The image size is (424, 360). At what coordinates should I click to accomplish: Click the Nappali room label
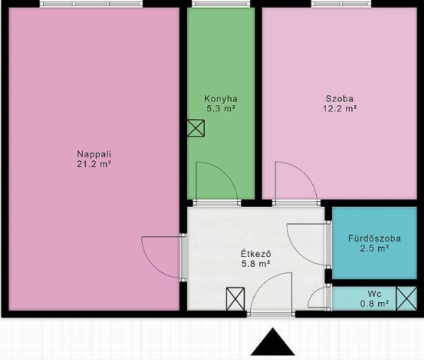tap(94, 154)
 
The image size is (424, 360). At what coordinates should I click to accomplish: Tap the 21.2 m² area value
tap(94, 164)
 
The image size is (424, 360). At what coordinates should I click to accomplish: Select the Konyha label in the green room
tap(220, 99)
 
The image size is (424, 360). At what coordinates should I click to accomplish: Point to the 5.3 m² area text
tap(220, 109)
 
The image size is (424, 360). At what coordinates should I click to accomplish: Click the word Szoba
tap(339, 99)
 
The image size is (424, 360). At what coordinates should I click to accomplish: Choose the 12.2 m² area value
tap(339, 109)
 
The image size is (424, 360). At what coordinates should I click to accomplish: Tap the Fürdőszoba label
tap(375, 239)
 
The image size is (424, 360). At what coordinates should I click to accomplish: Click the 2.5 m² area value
tap(375, 248)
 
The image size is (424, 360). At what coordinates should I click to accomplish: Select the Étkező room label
tap(256, 254)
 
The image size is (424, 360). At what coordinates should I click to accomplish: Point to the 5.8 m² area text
tap(256, 264)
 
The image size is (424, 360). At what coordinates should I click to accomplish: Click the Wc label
tap(375, 294)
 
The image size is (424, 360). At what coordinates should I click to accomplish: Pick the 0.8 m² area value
tap(375, 304)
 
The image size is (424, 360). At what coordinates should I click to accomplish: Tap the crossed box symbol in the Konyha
tap(196, 128)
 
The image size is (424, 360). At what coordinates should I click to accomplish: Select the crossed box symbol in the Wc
tap(406, 299)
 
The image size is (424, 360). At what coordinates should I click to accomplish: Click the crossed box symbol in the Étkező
tap(235, 299)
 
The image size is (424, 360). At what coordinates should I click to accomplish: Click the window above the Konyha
tap(221, 4)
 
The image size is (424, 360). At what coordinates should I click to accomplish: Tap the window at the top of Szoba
tap(341, 4)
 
